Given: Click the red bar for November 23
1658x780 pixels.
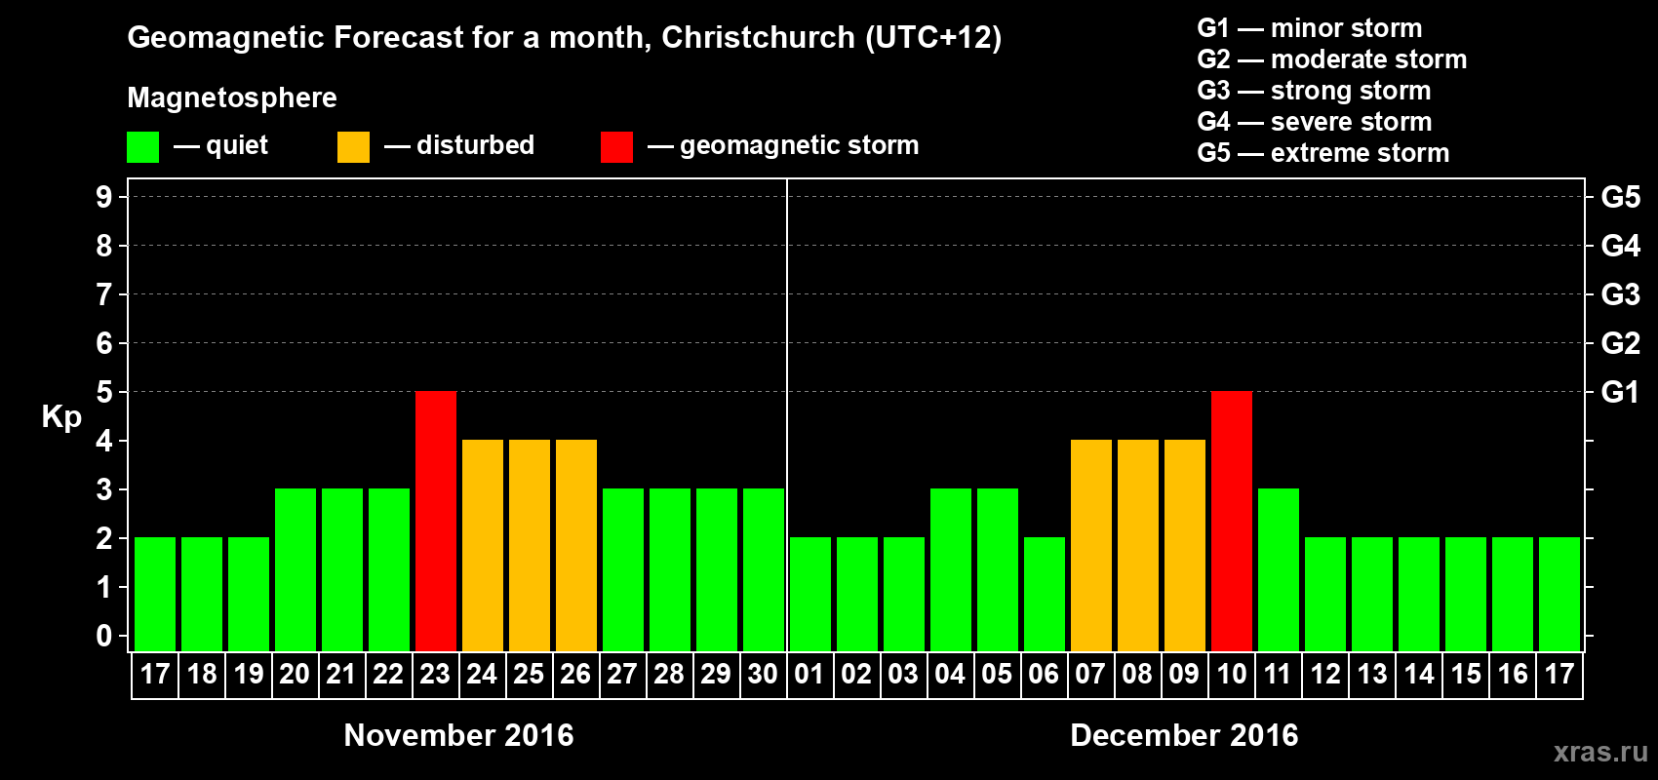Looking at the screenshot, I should [x=436, y=521].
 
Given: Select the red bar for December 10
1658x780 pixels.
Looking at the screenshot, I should [x=1232, y=521].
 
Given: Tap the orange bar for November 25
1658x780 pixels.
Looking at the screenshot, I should [x=530, y=545].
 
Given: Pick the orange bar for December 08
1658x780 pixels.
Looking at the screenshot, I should [x=1138, y=545].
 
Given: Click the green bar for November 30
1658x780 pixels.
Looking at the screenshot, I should [x=764, y=569].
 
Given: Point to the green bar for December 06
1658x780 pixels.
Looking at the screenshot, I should [x=1045, y=594].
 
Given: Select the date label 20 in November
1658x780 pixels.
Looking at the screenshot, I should [x=295, y=674].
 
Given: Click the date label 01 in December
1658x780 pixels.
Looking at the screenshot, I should [x=809, y=674].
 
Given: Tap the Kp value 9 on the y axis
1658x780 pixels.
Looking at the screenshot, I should [x=104, y=197].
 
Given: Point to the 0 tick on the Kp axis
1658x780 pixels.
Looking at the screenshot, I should [x=104, y=636].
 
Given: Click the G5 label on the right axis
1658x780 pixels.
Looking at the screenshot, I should [x=1620, y=197].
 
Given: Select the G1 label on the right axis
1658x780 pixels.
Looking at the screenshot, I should [x=1620, y=392].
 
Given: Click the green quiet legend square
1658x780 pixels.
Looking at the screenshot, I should [x=143, y=147].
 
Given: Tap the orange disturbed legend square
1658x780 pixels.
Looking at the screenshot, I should [x=353, y=147].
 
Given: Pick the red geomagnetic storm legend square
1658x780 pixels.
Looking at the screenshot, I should [x=616, y=147].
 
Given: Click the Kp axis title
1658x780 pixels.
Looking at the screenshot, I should [x=61, y=416].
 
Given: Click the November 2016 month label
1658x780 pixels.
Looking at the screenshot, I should [x=458, y=734].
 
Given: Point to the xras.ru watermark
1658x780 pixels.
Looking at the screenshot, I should [x=1599, y=751].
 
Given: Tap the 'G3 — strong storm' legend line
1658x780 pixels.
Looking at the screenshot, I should [x=1314, y=91].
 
